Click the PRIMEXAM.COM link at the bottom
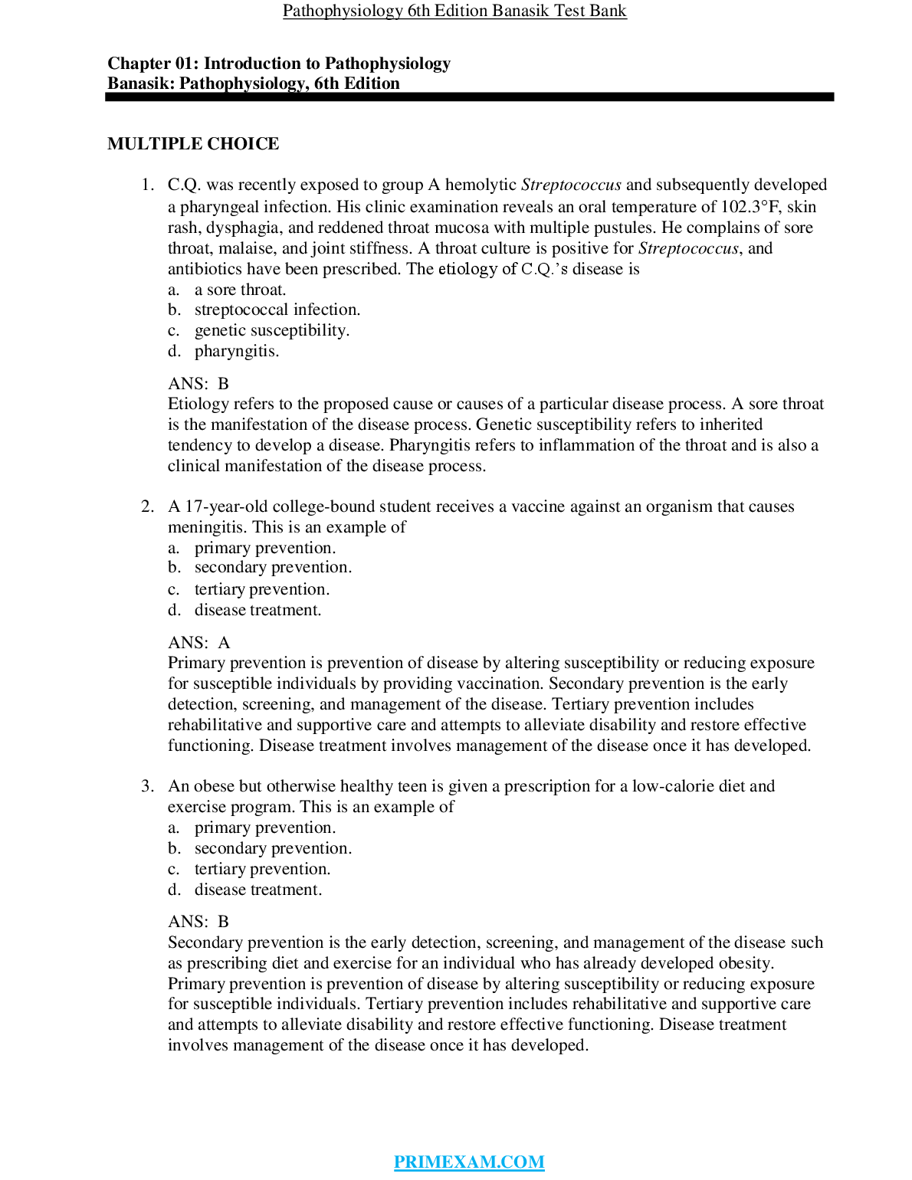469,1162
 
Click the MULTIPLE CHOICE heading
193,144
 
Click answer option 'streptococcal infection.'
277,310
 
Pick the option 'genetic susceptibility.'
271,330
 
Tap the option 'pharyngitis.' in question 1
236,351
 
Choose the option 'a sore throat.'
240,290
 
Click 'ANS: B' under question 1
198,384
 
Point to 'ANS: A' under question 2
199,643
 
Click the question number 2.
146,506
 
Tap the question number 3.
146,786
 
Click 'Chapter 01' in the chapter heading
150,64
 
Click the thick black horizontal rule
469,97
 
